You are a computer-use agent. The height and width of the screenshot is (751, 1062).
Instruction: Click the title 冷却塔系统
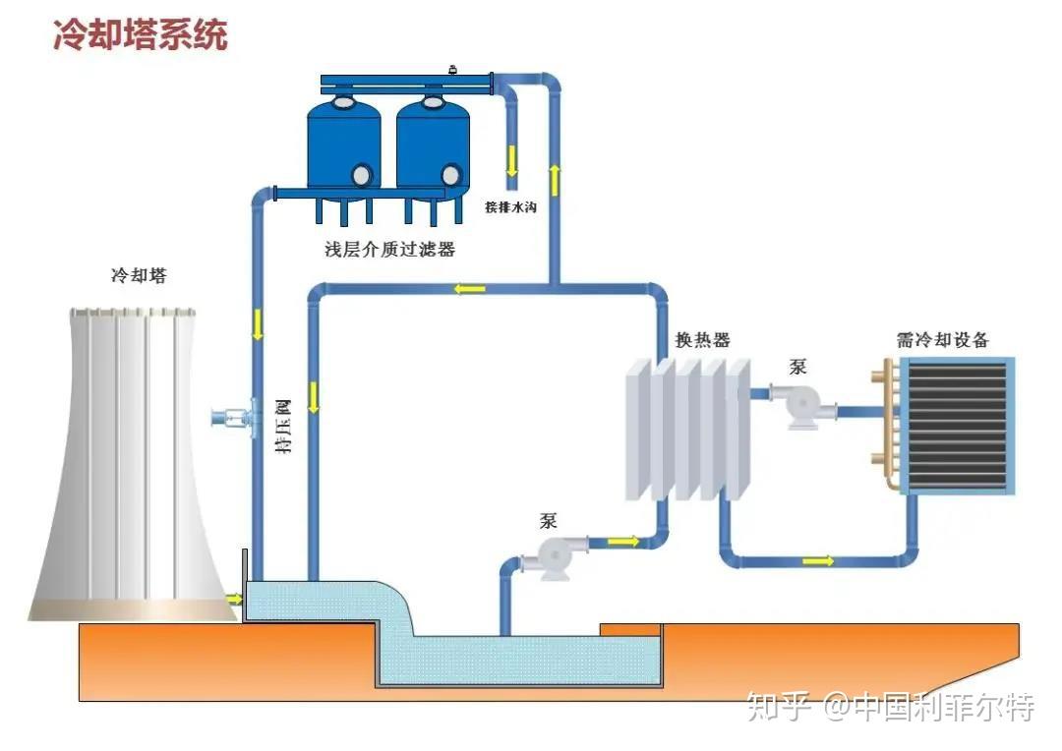140,34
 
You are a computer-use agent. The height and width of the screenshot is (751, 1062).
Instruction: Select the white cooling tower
133,462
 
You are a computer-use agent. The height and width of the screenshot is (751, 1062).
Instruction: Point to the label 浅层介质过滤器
390,250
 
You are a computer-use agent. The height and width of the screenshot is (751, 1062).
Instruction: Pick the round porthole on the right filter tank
450,175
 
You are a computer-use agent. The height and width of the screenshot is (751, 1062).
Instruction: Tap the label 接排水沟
510,207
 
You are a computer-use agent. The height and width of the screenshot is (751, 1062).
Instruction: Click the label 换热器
702,340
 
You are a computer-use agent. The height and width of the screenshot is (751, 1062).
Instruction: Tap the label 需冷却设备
942,340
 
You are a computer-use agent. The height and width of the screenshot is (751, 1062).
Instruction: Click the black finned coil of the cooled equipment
956,425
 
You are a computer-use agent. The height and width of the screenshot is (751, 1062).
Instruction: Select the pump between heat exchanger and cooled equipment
800,406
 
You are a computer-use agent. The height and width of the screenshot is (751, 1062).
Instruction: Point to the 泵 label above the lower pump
548,521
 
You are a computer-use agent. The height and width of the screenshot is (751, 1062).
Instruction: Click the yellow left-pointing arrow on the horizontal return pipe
469,289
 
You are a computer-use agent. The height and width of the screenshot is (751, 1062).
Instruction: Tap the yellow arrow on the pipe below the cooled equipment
817,561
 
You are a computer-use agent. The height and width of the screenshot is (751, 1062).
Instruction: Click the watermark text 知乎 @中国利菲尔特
890,707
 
